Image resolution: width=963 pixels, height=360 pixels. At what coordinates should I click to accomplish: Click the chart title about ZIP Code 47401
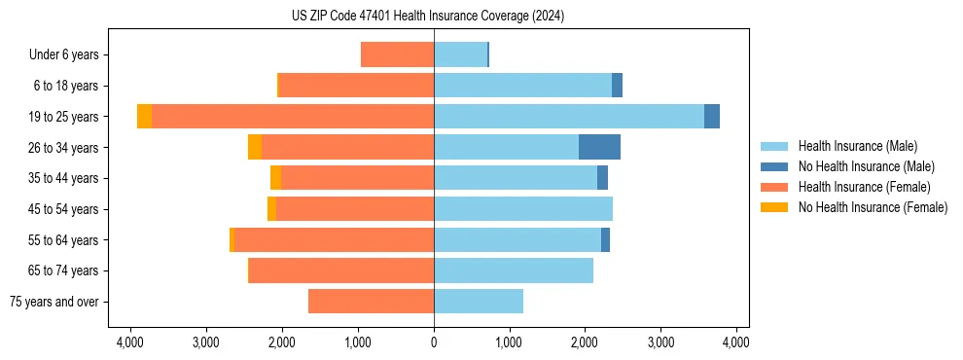[x=427, y=17]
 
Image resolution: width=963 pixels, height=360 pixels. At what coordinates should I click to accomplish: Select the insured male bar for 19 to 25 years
[x=569, y=117]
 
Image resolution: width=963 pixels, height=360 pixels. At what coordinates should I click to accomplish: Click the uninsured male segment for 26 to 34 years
[x=599, y=147]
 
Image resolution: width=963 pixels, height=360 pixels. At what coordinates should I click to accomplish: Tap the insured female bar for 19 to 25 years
[x=292, y=117]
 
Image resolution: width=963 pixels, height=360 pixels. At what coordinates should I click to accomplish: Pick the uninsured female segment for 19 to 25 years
[x=144, y=117]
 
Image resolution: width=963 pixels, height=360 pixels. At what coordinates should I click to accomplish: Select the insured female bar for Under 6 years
[x=397, y=55]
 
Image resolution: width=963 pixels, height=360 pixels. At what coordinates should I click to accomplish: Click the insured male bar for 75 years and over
[x=479, y=302]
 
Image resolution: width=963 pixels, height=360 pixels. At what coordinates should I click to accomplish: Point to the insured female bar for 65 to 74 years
[x=341, y=270]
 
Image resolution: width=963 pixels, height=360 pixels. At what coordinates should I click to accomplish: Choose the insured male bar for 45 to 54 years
[x=523, y=209]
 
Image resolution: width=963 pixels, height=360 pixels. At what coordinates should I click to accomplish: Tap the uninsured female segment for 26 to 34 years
[x=255, y=147]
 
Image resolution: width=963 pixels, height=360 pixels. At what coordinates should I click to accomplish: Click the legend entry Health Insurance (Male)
[x=857, y=146]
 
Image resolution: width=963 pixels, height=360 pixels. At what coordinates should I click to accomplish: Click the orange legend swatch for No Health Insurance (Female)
[x=775, y=207]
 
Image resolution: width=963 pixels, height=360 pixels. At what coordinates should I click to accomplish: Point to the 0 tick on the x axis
[x=434, y=342]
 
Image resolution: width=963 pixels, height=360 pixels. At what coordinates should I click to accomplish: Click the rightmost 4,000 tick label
[x=735, y=342]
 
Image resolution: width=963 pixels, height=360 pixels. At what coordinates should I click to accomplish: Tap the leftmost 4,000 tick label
[x=130, y=342]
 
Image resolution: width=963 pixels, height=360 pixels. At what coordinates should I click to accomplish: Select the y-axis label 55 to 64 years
[x=64, y=240]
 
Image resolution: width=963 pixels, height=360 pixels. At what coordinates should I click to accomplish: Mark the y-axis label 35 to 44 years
[x=64, y=178]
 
